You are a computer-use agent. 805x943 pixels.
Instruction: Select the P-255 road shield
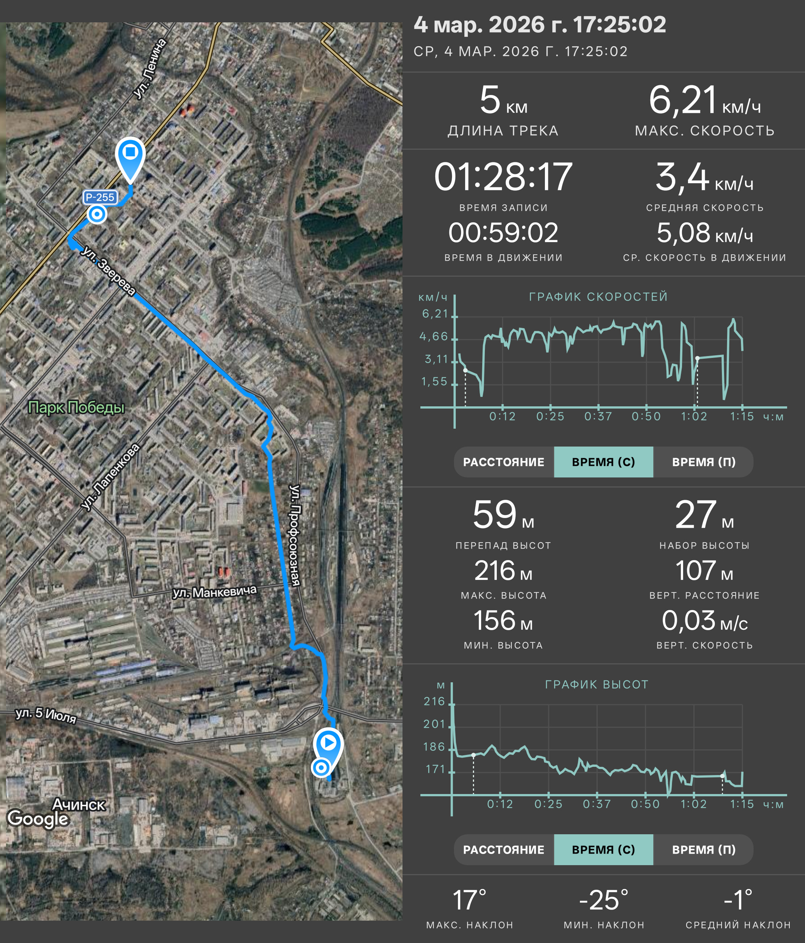(x=100, y=197)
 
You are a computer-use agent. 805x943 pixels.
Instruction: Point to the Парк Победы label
(x=76, y=407)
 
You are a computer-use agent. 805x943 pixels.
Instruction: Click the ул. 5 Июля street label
(x=45, y=715)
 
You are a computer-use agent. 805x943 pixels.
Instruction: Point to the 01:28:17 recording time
(x=503, y=177)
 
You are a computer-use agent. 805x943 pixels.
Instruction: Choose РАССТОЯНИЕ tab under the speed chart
(x=503, y=462)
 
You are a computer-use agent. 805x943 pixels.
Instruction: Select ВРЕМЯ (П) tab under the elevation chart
(x=704, y=850)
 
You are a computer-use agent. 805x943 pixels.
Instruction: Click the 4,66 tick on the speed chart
(x=434, y=336)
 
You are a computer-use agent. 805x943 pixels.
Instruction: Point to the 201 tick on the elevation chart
(x=435, y=724)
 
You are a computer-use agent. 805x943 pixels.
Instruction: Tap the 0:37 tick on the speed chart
(x=598, y=416)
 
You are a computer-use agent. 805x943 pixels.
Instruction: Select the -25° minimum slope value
(x=604, y=900)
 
